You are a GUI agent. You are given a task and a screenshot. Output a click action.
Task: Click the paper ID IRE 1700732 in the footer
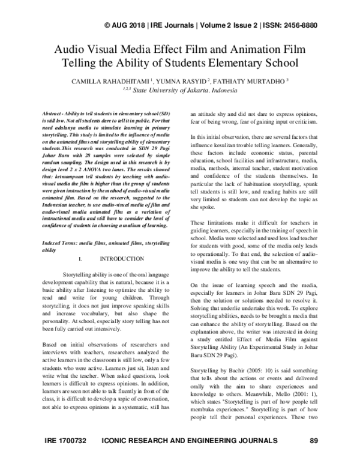pyautogui.click(x=66, y=458)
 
